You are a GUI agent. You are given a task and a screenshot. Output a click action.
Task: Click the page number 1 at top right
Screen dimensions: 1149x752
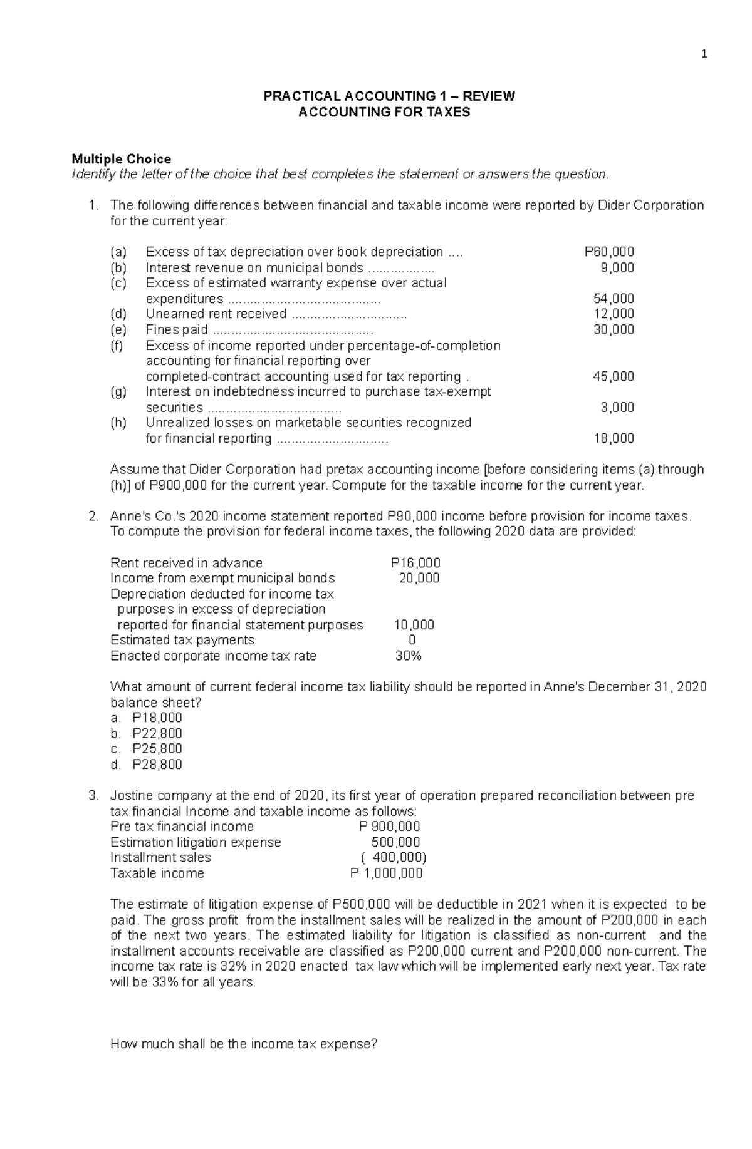[x=704, y=54]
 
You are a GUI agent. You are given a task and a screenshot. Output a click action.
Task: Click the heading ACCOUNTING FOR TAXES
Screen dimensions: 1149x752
[x=384, y=113]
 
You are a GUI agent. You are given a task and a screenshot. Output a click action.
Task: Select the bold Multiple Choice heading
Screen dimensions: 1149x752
[x=122, y=159]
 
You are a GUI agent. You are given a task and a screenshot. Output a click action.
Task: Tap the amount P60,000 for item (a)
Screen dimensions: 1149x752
[x=608, y=252]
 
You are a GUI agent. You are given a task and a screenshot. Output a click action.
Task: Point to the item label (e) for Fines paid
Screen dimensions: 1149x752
[x=118, y=330]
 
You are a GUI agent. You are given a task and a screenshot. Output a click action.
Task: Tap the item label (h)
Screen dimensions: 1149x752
[x=118, y=423]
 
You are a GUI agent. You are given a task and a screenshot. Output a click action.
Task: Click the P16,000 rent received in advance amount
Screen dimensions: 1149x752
[x=415, y=563]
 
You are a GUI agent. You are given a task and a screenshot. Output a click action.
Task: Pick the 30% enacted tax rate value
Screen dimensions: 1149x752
[x=408, y=656]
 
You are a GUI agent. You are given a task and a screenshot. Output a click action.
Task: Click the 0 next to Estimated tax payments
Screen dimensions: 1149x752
[x=412, y=641]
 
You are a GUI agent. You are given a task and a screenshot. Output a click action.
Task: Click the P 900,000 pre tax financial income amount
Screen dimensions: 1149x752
[x=389, y=827]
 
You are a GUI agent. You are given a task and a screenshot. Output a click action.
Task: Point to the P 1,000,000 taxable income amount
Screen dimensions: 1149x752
[x=386, y=873]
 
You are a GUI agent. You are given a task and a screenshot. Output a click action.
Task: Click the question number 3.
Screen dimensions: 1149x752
[x=93, y=796]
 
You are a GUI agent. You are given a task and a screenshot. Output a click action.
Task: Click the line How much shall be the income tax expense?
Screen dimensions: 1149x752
[x=244, y=1044]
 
